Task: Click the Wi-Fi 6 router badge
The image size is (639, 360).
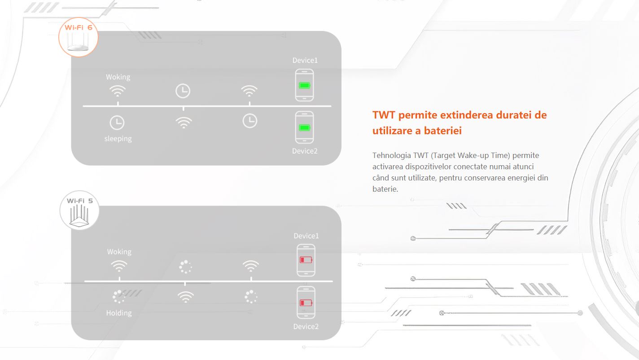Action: pyautogui.click(x=78, y=37)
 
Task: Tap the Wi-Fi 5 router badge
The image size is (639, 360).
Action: pyautogui.click(x=79, y=210)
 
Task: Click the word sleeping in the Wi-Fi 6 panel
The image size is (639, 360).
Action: pyautogui.click(x=118, y=139)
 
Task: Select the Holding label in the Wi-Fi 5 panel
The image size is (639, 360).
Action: pyautogui.click(x=119, y=313)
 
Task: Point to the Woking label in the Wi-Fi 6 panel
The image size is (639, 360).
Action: pyautogui.click(x=118, y=77)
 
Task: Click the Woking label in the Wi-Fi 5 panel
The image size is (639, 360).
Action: pyautogui.click(x=119, y=252)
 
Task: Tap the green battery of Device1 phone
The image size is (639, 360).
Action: pyautogui.click(x=304, y=85)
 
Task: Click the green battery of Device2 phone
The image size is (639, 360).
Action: pyautogui.click(x=304, y=127)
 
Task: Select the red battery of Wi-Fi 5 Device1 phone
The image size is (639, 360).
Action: pyautogui.click(x=306, y=260)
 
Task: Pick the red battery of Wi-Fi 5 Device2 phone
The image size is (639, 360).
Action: pyautogui.click(x=306, y=303)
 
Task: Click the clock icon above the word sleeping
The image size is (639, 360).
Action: pyautogui.click(x=117, y=123)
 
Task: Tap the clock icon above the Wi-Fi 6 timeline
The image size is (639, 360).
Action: pyautogui.click(x=183, y=91)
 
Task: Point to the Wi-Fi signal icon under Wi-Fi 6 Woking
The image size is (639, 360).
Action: pyautogui.click(x=118, y=91)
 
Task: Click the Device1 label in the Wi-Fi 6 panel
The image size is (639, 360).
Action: pyautogui.click(x=305, y=61)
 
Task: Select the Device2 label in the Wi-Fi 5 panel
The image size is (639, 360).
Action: pyautogui.click(x=306, y=326)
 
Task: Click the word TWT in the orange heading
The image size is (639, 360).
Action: pyautogui.click(x=384, y=115)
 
